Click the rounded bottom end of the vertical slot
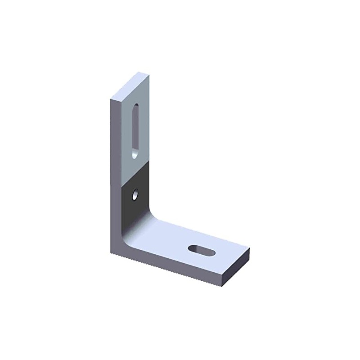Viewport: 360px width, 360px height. [x=135, y=155]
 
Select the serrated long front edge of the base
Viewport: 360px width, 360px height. [x=166, y=267]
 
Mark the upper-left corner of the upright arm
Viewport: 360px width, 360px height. [x=111, y=99]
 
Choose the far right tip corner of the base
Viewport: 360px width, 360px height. [x=249, y=249]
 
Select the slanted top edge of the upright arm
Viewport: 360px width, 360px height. [x=130, y=85]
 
